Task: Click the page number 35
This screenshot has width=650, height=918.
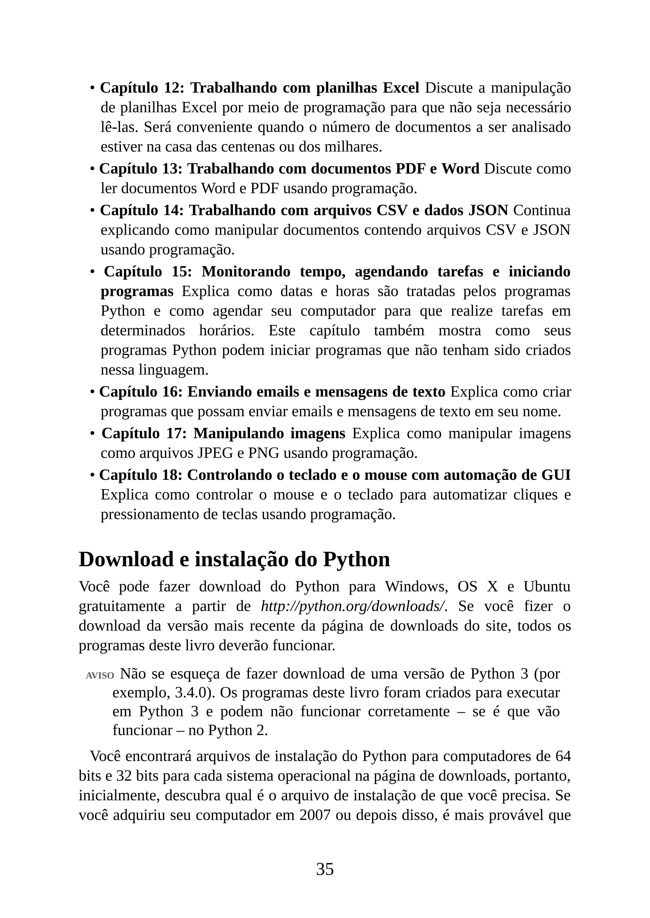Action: click(x=325, y=869)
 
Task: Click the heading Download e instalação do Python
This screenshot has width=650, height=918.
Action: click(x=234, y=559)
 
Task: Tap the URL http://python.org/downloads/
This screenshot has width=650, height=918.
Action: click(x=354, y=606)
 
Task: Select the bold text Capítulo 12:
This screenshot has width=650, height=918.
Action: click(x=142, y=87)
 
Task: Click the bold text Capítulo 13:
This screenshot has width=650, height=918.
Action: click(x=141, y=168)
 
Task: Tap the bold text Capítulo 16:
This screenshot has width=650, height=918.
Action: click(x=141, y=391)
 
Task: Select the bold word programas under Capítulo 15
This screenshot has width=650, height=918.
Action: click(x=137, y=292)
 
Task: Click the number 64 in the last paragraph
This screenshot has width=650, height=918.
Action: click(x=562, y=756)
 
